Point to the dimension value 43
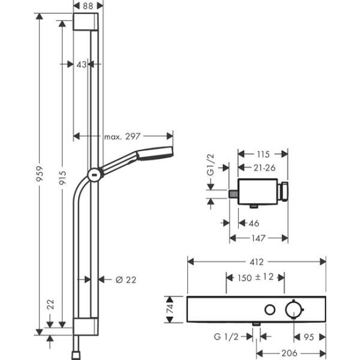(x=81, y=64)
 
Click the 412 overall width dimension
(x=256, y=261)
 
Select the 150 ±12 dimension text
(x=255, y=277)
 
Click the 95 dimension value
(x=309, y=336)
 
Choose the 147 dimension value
(x=259, y=238)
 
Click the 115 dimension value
(x=263, y=154)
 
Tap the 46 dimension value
(x=253, y=223)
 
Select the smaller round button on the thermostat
(x=270, y=310)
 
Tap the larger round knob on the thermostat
(x=293, y=309)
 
